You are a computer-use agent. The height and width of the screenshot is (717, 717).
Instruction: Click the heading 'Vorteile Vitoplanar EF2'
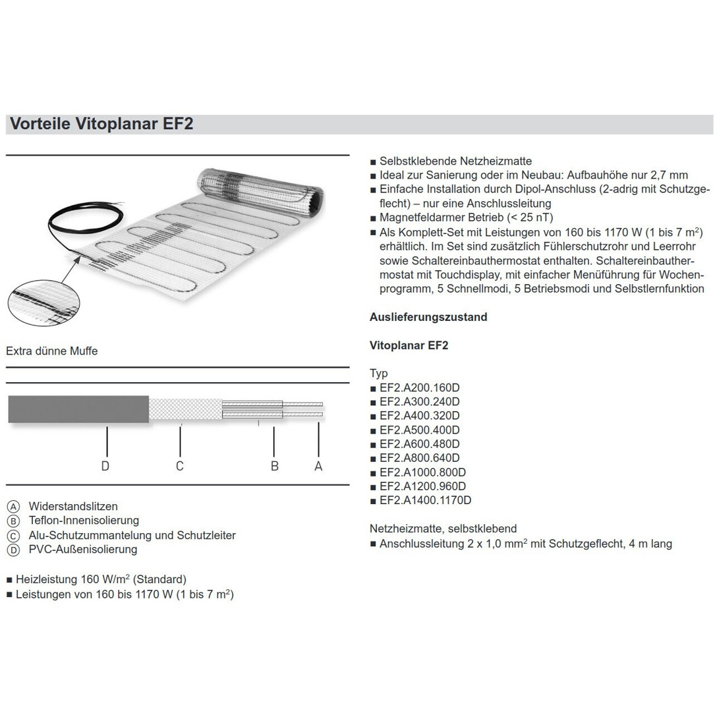[x=100, y=125]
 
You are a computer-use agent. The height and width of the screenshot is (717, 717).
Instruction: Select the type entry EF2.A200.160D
[x=419, y=387]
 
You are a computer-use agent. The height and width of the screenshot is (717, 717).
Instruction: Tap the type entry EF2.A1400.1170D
[x=425, y=500]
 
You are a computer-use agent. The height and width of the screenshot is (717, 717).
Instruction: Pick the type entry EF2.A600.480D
[x=419, y=444]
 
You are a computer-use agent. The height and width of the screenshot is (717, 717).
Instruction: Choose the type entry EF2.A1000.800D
[x=422, y=472]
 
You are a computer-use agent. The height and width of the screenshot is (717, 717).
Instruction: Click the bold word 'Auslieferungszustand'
[x=428, y=317]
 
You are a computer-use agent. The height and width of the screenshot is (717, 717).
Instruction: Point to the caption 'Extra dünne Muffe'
[x=52, y=351]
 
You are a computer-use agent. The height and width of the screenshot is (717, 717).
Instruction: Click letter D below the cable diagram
[x=105, y=466]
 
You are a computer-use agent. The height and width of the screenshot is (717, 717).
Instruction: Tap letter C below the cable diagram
[x=179, y=466]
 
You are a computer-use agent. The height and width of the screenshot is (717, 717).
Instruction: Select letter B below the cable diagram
[x=275, y=466]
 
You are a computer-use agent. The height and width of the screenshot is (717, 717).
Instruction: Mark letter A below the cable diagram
[x=318, y=466]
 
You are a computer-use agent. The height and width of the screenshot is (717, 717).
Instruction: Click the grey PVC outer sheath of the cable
[x=78, y=409]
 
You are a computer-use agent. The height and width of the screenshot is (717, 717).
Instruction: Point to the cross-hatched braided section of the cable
[x=185, y=409]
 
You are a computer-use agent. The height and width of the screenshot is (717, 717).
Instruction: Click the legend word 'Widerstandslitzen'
[x=73, y=506]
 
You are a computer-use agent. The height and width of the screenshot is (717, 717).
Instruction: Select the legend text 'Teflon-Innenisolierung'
[x=84, y=521]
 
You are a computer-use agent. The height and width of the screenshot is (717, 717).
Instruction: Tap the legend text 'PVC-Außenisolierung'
[x=83, y=549]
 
